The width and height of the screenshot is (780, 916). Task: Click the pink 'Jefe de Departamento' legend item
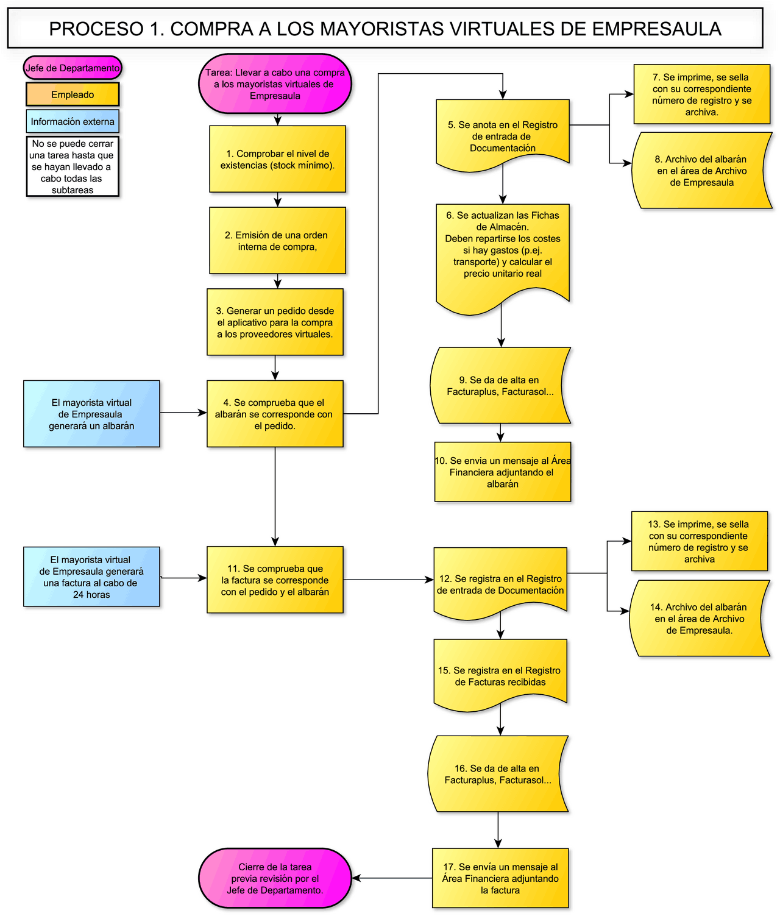(x=73, y=68)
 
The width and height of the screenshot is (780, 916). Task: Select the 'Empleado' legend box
(x=73, y=94)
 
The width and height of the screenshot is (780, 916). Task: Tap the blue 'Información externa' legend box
(x=73, y=121)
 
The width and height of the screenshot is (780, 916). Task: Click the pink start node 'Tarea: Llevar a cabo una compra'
(x=275, y=84)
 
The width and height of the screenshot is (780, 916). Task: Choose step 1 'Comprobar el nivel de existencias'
(x=277, y=159)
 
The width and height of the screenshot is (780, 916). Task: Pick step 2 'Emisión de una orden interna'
(x=277, y=241)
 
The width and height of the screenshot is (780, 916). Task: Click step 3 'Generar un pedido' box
(x=275, y=322)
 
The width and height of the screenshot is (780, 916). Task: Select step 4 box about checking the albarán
(x=275, y=414)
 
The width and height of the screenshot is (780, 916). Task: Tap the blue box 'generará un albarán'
(x=91, y=414)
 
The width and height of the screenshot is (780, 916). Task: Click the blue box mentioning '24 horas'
(x=91, y=577)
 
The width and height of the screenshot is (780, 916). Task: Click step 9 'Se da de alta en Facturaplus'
(x=500, y=386)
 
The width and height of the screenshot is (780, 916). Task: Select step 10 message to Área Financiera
(x=503, y=472)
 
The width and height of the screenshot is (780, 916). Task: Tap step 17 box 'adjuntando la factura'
(x=500, y=878)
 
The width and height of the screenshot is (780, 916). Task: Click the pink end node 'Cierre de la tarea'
(x=275, y=878)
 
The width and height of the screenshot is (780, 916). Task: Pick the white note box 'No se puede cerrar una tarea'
(x=73, y=166)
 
